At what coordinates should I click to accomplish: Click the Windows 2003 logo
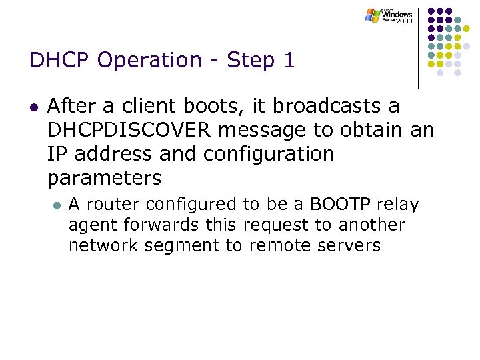[389, 15]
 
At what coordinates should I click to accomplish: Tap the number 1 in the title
[288, 61]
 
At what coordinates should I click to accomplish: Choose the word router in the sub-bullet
[109, 204]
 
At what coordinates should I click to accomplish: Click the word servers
[348, 245]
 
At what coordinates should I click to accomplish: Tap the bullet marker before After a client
[34, 107]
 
